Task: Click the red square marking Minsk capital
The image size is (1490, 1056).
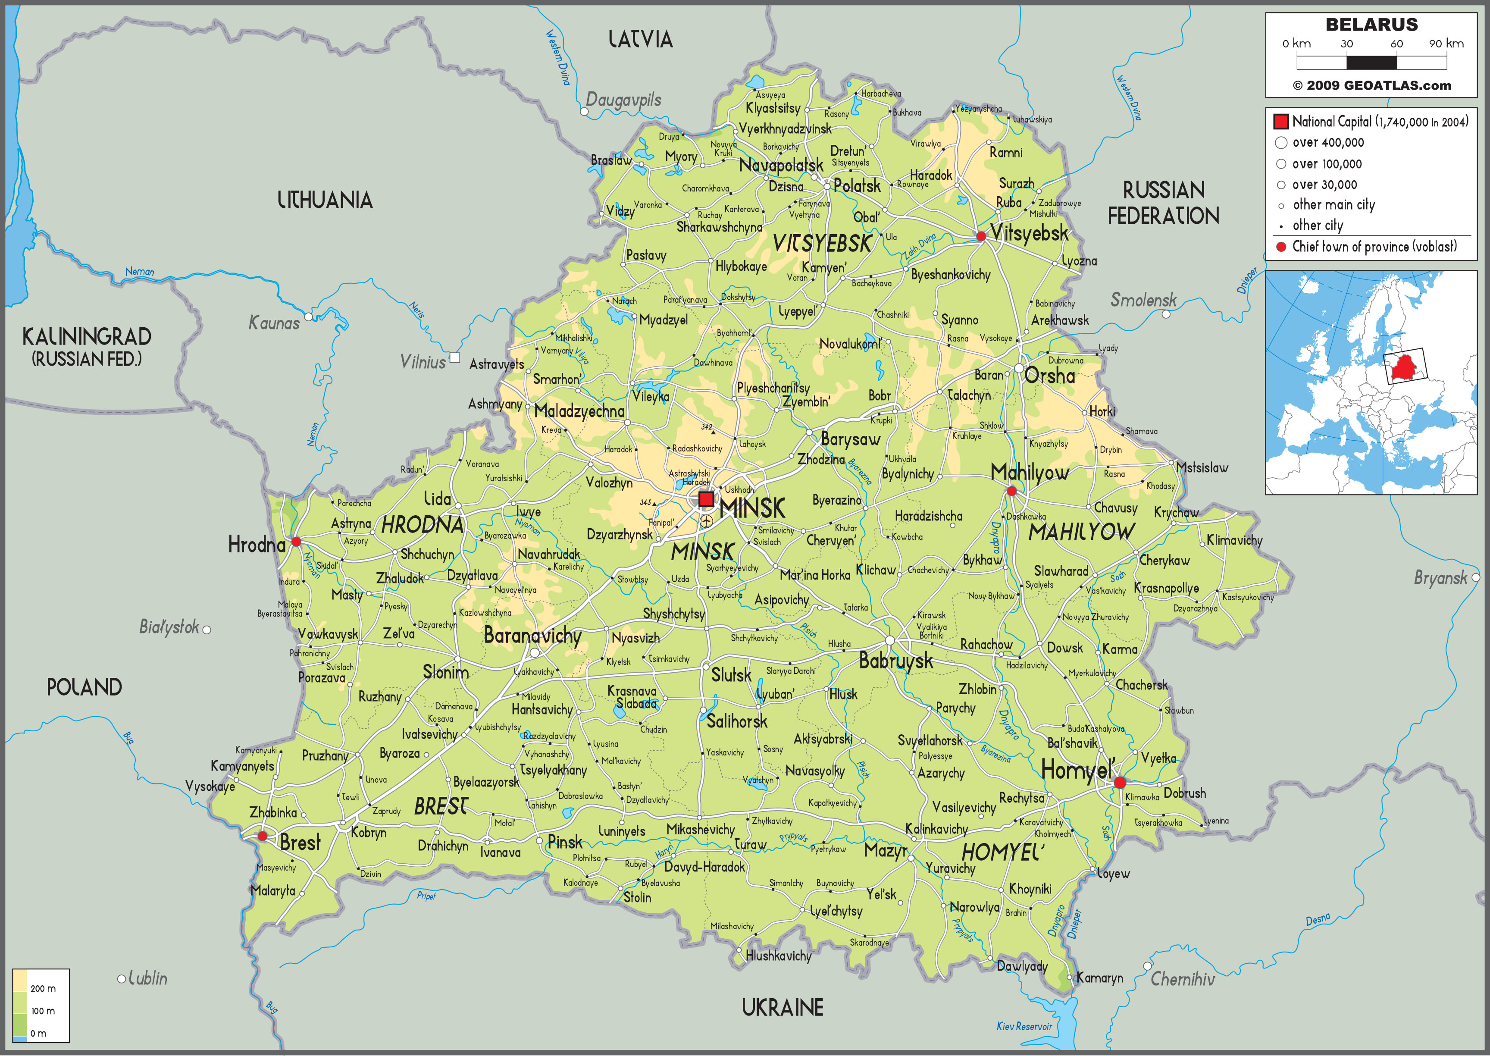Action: click(x=706, y=499)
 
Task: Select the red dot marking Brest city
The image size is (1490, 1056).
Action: click(x=262, y=836)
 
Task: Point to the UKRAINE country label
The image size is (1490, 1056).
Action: click(x=783, y=1008)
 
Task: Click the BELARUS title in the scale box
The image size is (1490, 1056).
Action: click(x=1372, y=25)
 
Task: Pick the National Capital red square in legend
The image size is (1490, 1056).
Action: click(x=1280, y=121)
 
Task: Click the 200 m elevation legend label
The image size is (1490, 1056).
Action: click(x=43, y=988)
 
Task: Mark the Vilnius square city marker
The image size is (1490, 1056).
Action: click(x=455, y=357)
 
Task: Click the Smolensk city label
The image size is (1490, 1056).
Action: click(x=1143, y=300)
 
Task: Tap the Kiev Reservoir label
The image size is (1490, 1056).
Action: click(x=1024, y=1026)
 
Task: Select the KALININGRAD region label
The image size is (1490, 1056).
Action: click(x=87, y=337)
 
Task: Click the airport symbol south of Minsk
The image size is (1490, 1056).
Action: click(x=707, y=521)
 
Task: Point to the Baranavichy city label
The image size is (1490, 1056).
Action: click(x=532, y=635)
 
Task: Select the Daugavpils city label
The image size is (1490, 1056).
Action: click(x=623, y=100)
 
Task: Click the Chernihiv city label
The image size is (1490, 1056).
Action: click(x=1183, y=979)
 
